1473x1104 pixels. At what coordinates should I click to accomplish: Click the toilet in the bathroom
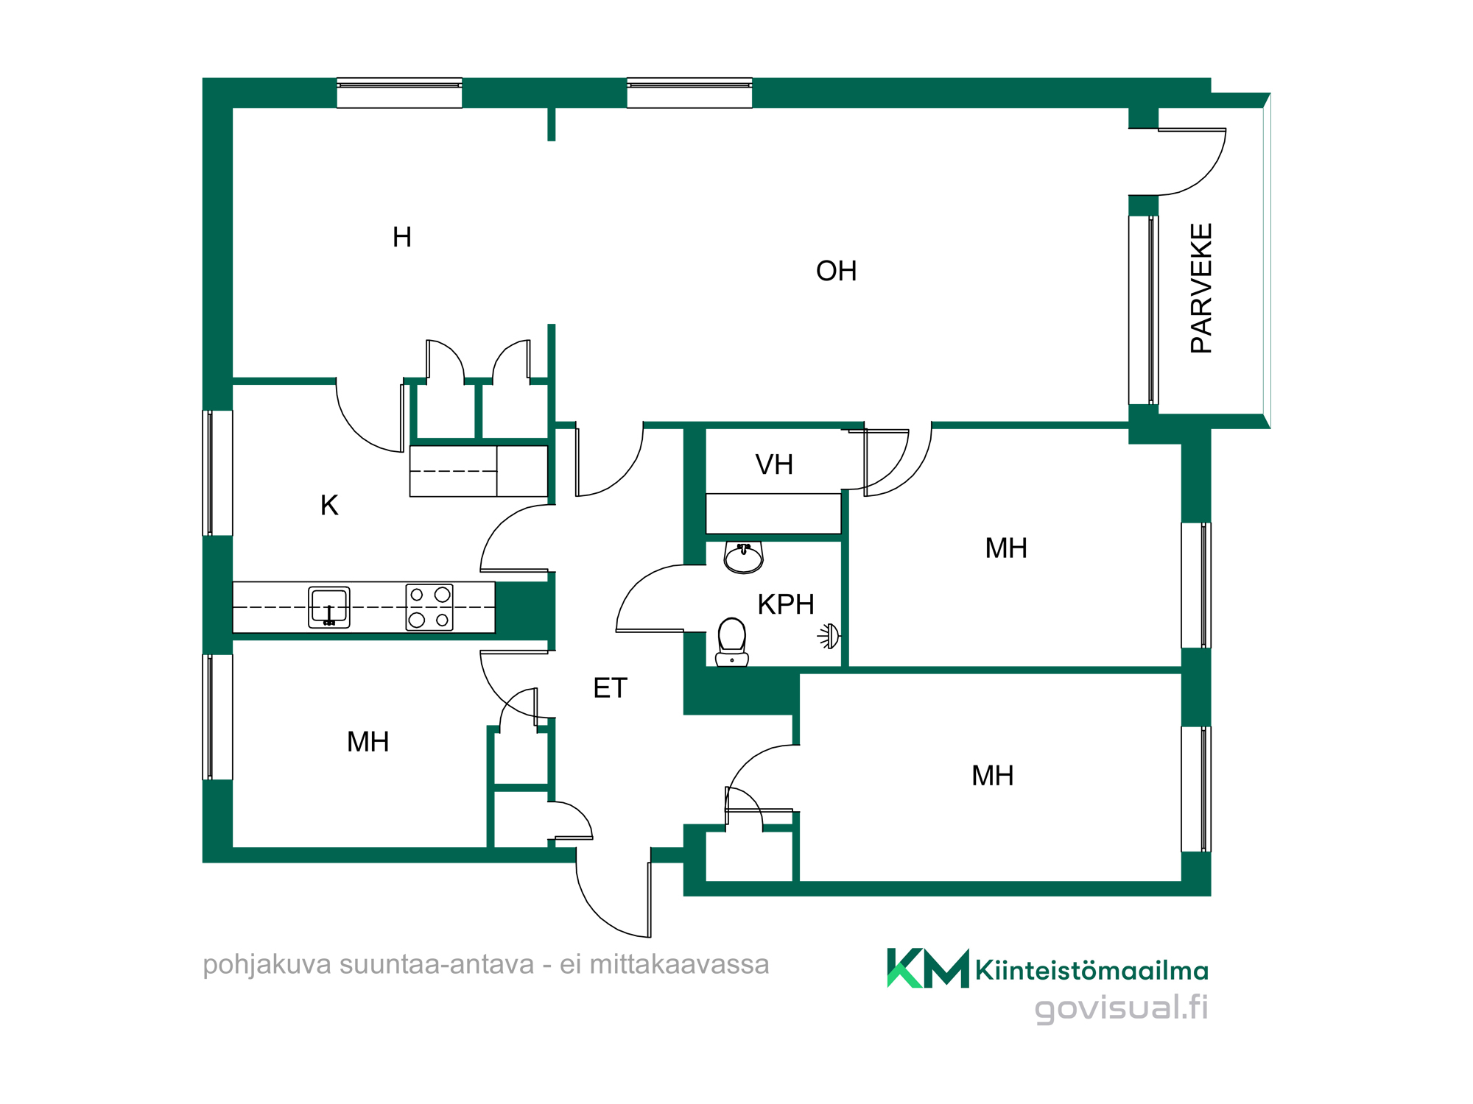point(732,642)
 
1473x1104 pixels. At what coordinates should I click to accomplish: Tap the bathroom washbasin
point(743,558)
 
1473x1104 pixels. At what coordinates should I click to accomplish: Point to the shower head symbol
point(829,636)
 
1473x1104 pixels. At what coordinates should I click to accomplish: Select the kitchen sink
point(329,607)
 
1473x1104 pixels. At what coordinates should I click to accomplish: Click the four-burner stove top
point(429,607)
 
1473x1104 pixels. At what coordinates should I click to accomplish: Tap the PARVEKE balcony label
point(1201,288)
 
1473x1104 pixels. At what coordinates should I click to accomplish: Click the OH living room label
point(836,271)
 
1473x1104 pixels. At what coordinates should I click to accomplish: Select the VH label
point(774,464)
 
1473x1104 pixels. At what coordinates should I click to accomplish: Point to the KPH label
point(786,604)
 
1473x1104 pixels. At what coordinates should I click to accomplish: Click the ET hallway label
point(610,688)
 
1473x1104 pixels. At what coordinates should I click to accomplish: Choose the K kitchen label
point(329,505)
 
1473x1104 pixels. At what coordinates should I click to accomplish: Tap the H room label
point(402,237)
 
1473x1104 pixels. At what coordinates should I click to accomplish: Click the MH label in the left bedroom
point(368,742)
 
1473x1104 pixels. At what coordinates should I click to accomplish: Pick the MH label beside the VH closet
point(1006,548)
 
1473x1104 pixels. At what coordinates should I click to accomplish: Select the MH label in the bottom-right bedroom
point(993,776)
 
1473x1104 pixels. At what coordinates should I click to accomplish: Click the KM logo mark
point(928,968)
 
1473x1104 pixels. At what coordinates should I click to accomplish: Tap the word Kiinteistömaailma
point(1091,971)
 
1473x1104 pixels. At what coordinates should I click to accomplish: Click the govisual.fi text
point(1121,1008)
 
